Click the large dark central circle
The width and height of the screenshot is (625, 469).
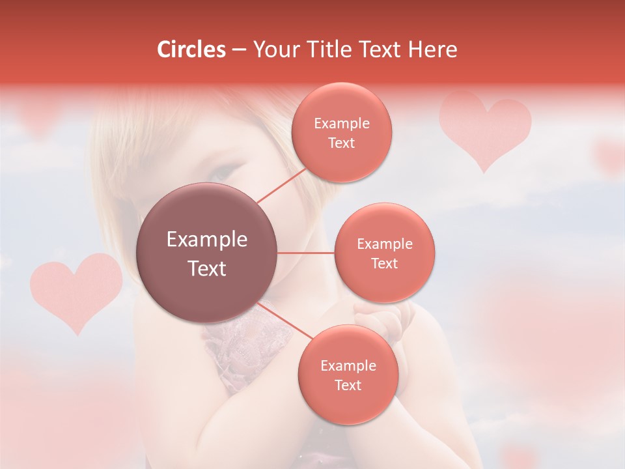[207, 253]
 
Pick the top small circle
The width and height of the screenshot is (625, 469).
[340, 133]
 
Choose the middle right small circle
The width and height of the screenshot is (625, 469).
[384, 253]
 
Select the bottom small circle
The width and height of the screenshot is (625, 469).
[348, 375]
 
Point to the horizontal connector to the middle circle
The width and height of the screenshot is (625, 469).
[305, 253]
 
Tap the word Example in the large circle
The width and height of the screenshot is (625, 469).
[207, 240]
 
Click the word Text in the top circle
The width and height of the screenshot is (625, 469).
[341, 143]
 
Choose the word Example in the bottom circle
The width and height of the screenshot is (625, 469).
[348, 366]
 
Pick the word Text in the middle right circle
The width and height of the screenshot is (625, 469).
[384, 264]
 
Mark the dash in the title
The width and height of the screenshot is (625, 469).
[239, 50]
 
